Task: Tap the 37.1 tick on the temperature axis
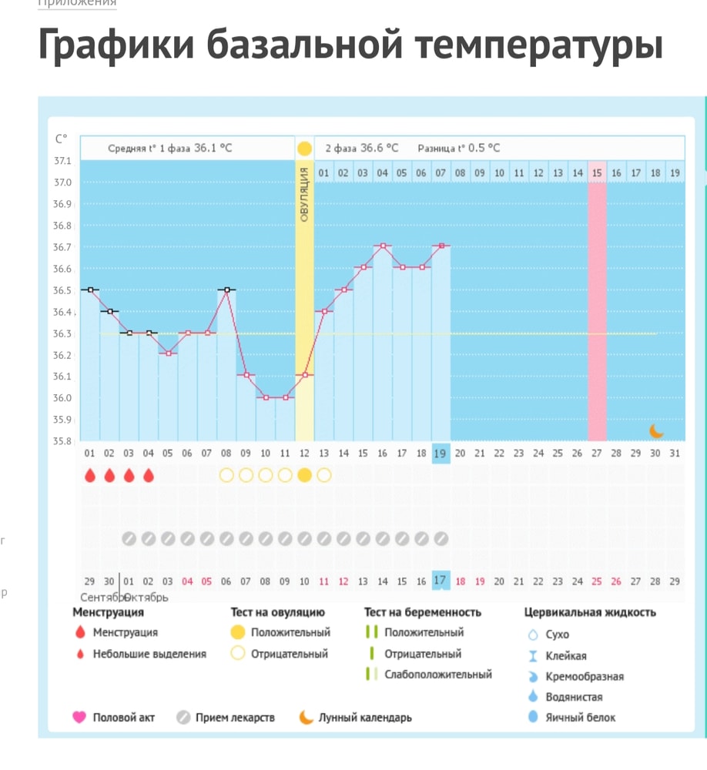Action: tap(62, 161)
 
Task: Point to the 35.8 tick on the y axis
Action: tap(62, 441)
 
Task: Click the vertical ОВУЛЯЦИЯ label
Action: tap(304, 196)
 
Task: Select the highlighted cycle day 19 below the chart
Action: tap(441, 454)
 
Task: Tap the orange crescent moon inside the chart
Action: tap(655, 430)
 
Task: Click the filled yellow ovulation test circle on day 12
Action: tap(304, 475)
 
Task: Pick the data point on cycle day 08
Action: tap(226, 290)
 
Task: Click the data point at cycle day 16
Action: tap(383, 246)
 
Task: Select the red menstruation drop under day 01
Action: tap(90, 475)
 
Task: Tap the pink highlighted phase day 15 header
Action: tap(597, 173)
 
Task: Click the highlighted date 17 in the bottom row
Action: tap(440, 581)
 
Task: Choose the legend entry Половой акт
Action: tap(123, 718)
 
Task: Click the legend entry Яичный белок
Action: tap(580, 718)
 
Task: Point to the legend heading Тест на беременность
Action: tap(423, 612)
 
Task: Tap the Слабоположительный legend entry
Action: tap(437, 675)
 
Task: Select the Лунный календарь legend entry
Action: tap(364, 718)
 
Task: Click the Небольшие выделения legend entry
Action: tap(149, 654)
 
